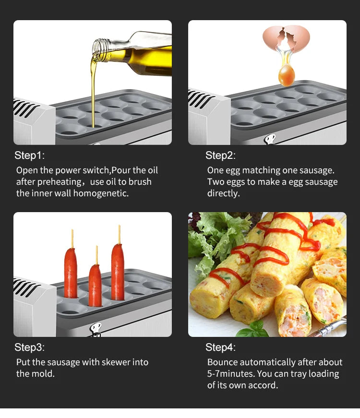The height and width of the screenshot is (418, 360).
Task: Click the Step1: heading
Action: pyautogui.click(x=30, y=155)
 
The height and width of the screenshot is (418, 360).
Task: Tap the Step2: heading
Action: pyautogui.click(x=220, y=155)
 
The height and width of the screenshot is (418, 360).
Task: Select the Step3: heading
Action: pyautogui.click(x=30, y=347)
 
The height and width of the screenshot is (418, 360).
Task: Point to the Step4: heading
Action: pyautogui.click(x=220, y=347)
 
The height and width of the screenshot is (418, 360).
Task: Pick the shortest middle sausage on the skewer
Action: pyautogui.click(x=95, y=285)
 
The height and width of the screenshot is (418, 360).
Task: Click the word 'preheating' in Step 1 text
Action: pyautogui.click(x=59, y=182)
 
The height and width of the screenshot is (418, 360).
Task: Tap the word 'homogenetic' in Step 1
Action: pyautogui.click(x=101, y=193)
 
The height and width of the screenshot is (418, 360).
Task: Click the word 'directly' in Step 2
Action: pyautogui.click(x=224, y=193)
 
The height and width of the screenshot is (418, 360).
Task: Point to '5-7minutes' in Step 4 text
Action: pyautogui.click(x=231, y=373)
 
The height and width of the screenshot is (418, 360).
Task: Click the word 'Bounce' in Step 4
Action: pyautogui.click(x=222, y=362)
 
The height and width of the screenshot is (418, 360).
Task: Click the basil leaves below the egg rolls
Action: pyautogui.click(x=252, y=329)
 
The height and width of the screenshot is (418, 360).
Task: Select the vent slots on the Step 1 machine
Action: pyautogui.click(x=24, y=108)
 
